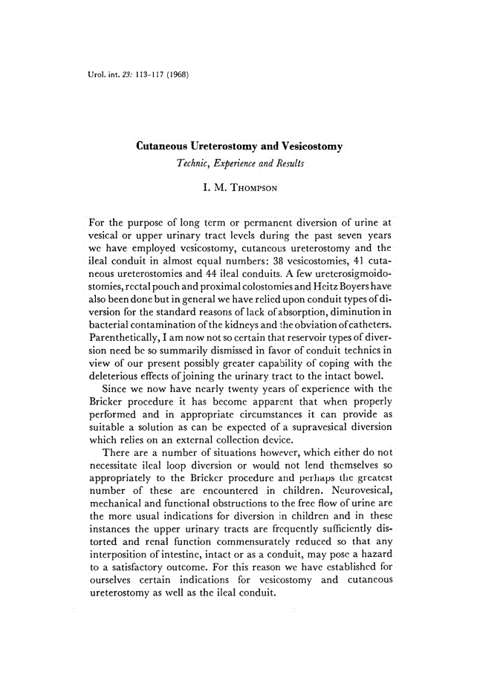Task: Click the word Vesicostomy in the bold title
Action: [x=305, y=147]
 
